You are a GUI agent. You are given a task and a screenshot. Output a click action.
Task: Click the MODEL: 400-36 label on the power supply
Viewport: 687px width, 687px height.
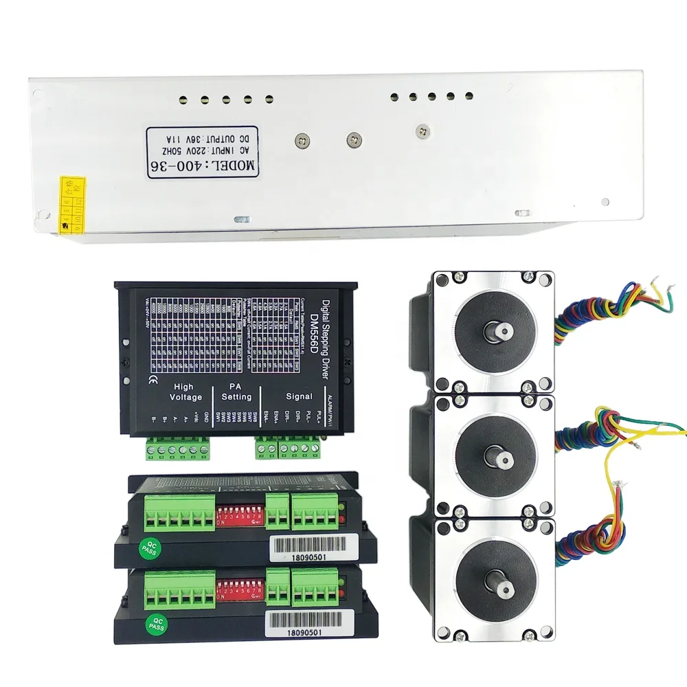tap(201, 151)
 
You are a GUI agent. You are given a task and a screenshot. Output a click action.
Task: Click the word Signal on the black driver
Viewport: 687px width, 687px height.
tap(298, 396)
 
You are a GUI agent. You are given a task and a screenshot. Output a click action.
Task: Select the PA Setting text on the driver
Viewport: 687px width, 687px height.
tap(236, 392)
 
